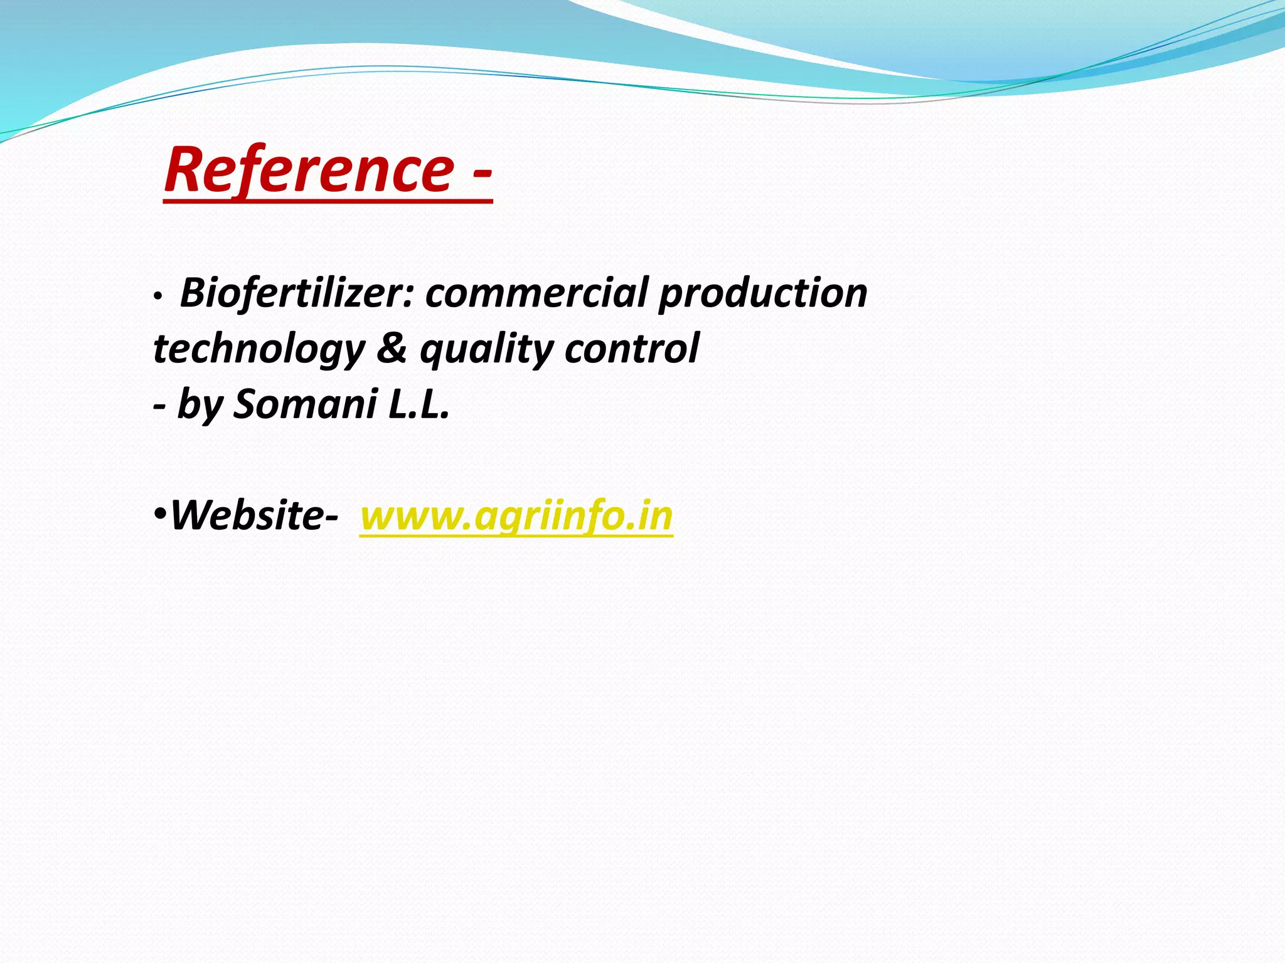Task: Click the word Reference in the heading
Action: pos(308,169)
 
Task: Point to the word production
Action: pos(762,293)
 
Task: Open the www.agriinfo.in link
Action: pos(516,517)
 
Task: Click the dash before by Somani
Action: pos(160,405)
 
